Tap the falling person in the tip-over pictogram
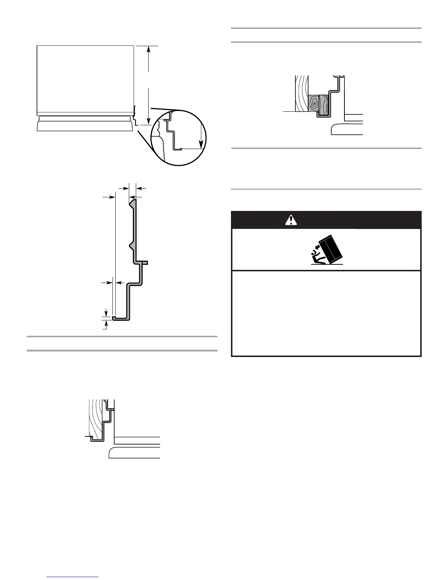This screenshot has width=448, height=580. tap(315, 257)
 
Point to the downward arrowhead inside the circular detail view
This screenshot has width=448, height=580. tap(201, 145)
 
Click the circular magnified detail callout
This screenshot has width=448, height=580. tap(179, 137)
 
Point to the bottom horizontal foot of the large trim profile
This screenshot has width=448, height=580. tap(121, 319)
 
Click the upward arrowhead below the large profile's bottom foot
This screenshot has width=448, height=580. tap(106, 322)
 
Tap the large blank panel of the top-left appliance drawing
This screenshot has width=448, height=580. tap(85, 77)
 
